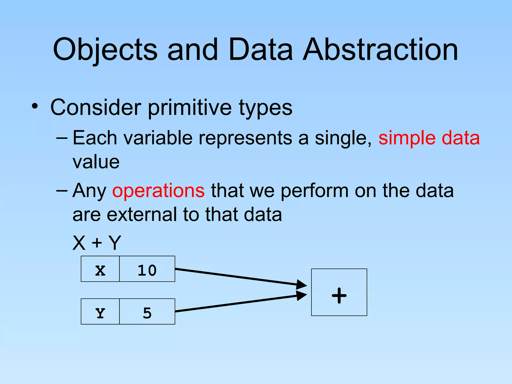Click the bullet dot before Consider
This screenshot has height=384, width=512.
point(35,106)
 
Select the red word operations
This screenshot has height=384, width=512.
point(158,190)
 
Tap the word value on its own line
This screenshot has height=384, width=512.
point(96,162)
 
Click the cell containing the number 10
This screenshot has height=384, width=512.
point(147,269)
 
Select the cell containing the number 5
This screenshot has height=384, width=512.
point(147,311)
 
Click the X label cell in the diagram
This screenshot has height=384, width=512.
point(100,269)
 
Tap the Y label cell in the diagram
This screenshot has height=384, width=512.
point(100,311)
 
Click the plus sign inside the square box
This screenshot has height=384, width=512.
point(339,295)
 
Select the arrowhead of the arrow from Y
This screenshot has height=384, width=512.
point(302,295)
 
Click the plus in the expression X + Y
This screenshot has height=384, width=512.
point(97,242)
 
